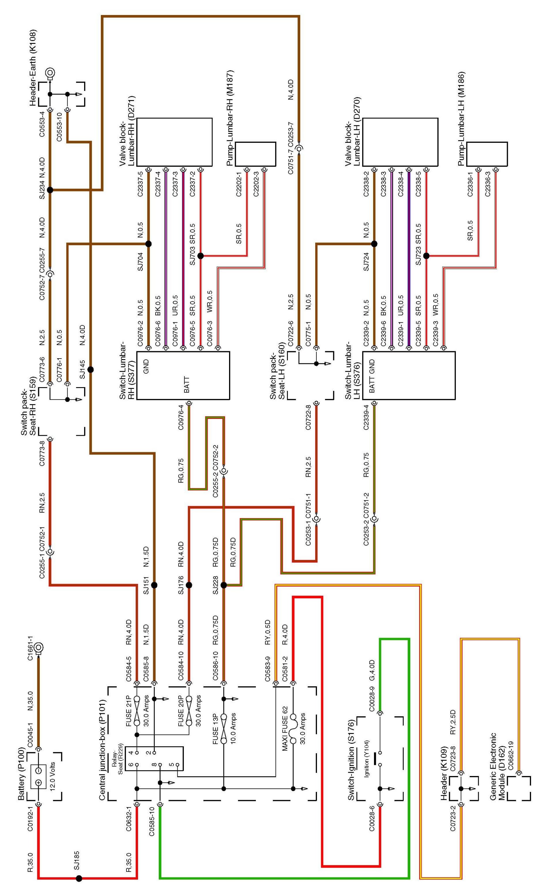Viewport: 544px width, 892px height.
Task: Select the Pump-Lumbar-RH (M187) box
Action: pyautogui.click(x=255, y=154)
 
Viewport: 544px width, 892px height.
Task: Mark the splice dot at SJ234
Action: pyautogui.click(x=50, y=190)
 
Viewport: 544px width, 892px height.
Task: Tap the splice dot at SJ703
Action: pyautogui.click(x=201, y=256)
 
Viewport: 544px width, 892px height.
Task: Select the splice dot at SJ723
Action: pyautogui.click(x=426, y=256)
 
